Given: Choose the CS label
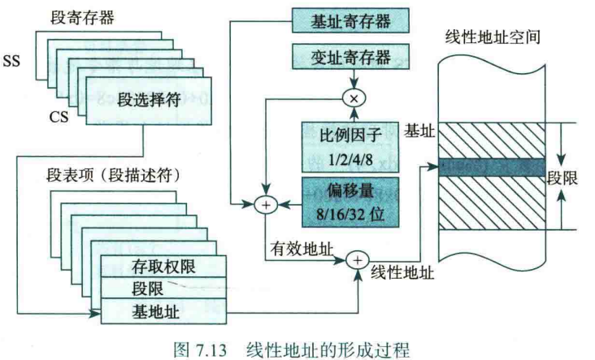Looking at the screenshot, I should tap(59, 119).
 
